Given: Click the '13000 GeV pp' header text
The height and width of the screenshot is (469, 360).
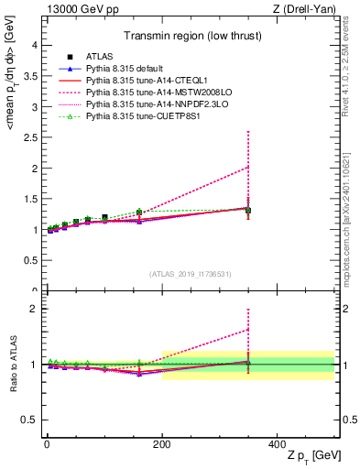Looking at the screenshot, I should coord(80,9).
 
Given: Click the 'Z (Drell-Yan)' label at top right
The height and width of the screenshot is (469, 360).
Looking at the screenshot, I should coord(307,9).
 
